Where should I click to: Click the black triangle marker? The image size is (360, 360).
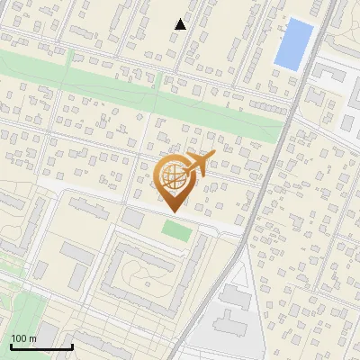coord(180,24)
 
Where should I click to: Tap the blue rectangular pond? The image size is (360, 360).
coord(293,44)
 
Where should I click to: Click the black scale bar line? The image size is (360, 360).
coord(40,346)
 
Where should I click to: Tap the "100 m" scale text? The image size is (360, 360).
coord(23,338)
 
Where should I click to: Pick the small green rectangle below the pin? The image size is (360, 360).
coord(176,230)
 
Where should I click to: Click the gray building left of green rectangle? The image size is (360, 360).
coord(132,219)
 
